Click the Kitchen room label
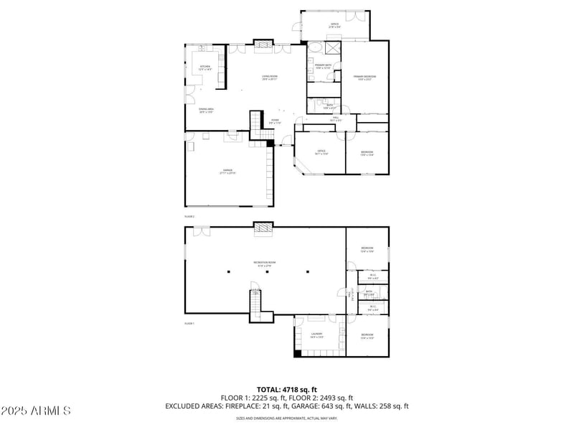coord(206,69)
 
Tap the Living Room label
coord(270,78)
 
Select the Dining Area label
coord(207,110)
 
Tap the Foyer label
coord(275,121)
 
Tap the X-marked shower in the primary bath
coord(332,49)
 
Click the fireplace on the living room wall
coord(264,46)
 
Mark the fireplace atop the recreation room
coord(264,228)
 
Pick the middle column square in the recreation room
coord(268,272)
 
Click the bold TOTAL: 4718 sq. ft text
coord(286,390)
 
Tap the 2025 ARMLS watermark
coord(35,411)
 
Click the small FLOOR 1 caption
coord(189,324)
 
